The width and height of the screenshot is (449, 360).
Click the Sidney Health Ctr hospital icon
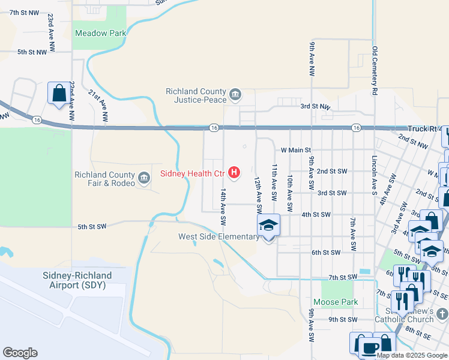tap(234, 173)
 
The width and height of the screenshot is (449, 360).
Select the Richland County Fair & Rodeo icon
tap(144, 178)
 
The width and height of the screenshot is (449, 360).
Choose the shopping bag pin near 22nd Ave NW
tap(59, 94)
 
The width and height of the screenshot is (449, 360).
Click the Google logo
tap(20, 353)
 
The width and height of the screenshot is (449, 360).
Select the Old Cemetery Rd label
tap(375, 71)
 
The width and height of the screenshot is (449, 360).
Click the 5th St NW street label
tap(32, 52)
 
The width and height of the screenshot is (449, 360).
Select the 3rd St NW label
tap(316, 106)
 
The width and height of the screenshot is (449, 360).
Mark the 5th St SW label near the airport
tap(92, 226)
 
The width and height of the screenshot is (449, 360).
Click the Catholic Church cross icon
tap(441, 313)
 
